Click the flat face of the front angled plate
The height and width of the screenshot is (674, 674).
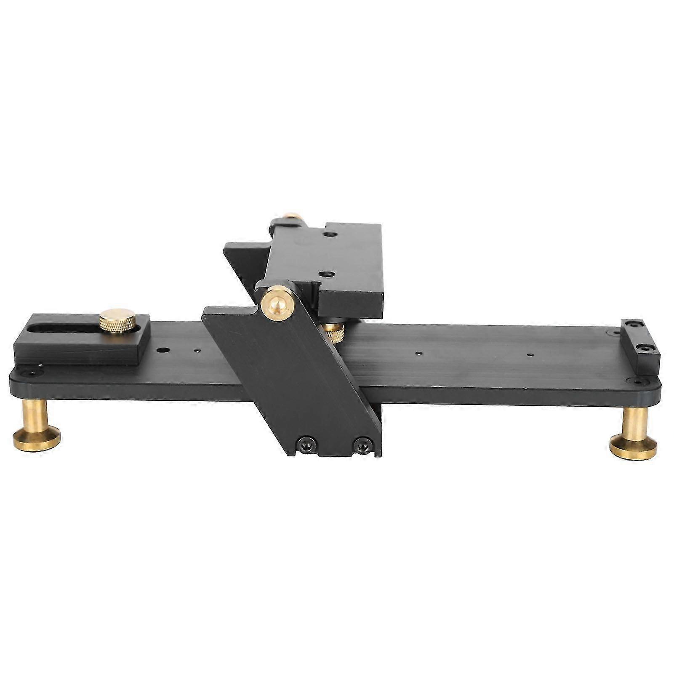coord(290,379)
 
